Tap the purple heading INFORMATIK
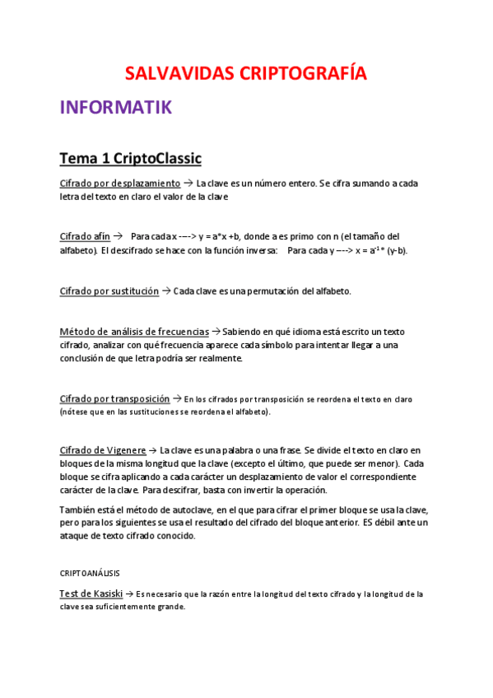pyautogui.click(x=115, y=108)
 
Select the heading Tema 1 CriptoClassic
pyautogui.click(x=131, y=157)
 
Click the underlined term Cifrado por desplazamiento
pyautogui.click(x=120, y=183)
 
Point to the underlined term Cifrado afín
pyautogui.click(x=85, y=236)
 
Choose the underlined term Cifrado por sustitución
pyautogui.click(x=109, y=291)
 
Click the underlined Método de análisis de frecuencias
pyautogui.click(x=134, y=331)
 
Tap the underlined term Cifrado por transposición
pyautogui.click(x=114, y=398)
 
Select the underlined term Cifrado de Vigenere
pyautogui.click(x=103, y=450)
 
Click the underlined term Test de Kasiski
pyautogui.click(x=91, y=593)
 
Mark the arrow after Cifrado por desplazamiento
pyautogui.click(x=188, y=183)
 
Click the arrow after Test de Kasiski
pyautogui.click(x=128, y=593)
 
